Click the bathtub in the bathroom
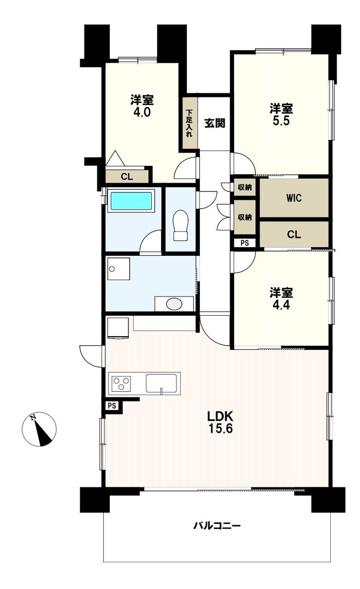tap(131, 201)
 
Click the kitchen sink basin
tap(161, 383)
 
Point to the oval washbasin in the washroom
tap(174, 304)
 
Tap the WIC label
tap(294, 198)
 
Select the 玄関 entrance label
tap(215, 123)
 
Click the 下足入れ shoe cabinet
tap(190, 123)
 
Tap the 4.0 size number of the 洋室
tap(142, 113)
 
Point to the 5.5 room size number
tap(281, 121)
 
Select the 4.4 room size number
tap(281, 305)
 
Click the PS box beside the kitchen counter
tap(112, 406)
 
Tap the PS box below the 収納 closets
tap(245, 243)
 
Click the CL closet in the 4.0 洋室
tap(127, 177)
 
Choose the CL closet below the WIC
tap(294, 234)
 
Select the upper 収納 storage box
tap(245, 187)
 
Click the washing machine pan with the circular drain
tap(119, 269)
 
